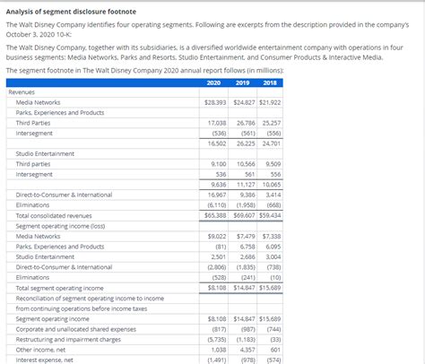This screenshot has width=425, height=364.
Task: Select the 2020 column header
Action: (x=213, y=82)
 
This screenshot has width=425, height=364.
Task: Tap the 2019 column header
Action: (x=242, y=82)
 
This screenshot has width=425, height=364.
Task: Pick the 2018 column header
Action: (x=270, y=82)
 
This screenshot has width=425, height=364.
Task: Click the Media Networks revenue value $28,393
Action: (x=215, y=102)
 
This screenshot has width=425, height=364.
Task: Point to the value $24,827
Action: (x=243, y=102)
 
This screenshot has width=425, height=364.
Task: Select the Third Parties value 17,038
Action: (x=217, y=123)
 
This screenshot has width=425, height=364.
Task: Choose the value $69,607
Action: (x=243, y=215)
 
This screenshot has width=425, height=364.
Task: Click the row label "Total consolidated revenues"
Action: (x=54, y=215)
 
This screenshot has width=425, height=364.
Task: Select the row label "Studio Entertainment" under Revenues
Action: (x=45, y=153)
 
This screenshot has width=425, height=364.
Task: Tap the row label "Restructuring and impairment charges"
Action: (x=68, y=339)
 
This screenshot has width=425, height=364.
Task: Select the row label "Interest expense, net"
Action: (x=46, y=360)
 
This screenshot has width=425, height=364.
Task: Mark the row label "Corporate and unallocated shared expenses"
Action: (x=76, y=328)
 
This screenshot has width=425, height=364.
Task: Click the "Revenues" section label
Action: (x=22, y=91)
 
